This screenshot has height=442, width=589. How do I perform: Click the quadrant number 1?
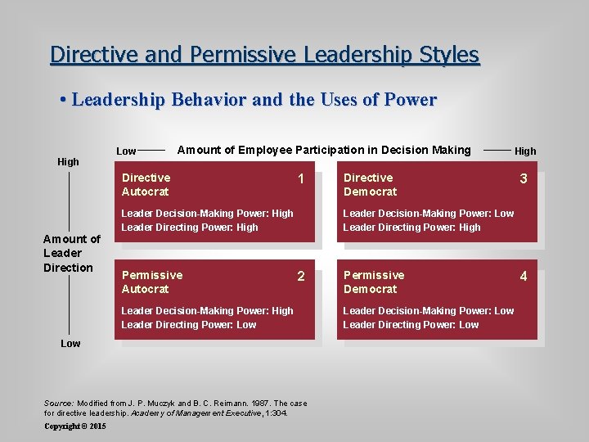pyautogui.click(x=301, y=179)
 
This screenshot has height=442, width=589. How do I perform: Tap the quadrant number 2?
pyautogui.click(x=301, y=277)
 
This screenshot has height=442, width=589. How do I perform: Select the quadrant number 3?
pyautogui.click(x=524, y=179)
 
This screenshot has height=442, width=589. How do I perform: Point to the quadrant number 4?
pyautogui.click(x=524, y=277)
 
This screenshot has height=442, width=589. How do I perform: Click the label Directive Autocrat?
pyautogui.click(x=146, y=184)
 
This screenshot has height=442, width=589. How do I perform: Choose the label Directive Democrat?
pyautogui.click(x=370, y=184)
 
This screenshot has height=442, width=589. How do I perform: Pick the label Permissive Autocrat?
pyautogui.click(x=151, y=282)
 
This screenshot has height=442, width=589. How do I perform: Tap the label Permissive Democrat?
pyautogui.click(x=373, y=282)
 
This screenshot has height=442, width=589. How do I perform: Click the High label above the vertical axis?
pyautogui.click(x=69, y=162)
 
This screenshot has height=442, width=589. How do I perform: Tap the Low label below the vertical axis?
pyautogui.click(x=70, y=344)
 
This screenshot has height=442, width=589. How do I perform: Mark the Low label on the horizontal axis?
pyautogui.click(x=126, y=151)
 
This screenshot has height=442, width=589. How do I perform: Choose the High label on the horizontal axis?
pyautogui.click(x=525, y=151)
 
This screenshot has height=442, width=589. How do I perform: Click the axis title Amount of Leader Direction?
pyautogui.click(x=71, y=253)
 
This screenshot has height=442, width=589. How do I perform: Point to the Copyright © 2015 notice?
pyautogui.click(x=75, y=426)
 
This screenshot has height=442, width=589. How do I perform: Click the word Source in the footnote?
pyautogui.click(x=58, y=404)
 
